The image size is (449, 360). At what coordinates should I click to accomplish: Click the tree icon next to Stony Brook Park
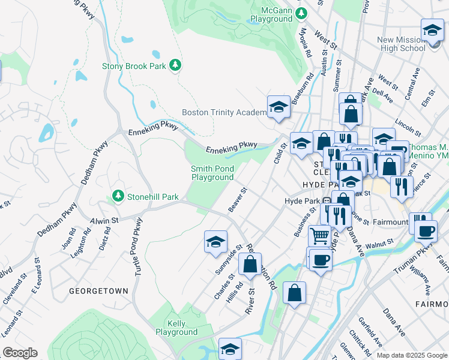175,65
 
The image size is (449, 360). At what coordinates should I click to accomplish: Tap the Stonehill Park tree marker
118,196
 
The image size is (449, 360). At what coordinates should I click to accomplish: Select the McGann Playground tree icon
303,12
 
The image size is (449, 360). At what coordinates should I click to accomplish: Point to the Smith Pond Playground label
212,173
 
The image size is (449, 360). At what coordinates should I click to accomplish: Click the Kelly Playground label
176,328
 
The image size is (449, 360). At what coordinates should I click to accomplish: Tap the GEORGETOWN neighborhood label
98,291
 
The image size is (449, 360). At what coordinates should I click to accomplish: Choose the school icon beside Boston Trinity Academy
279,108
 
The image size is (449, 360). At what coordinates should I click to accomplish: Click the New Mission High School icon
432,30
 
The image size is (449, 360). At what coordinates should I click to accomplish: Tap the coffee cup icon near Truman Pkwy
426,231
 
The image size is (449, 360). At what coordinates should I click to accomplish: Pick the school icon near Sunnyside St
216,242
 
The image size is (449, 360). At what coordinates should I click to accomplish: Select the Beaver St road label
238,200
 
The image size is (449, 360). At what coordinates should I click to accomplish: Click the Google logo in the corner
20,353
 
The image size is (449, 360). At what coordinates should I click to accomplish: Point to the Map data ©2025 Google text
411,355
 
